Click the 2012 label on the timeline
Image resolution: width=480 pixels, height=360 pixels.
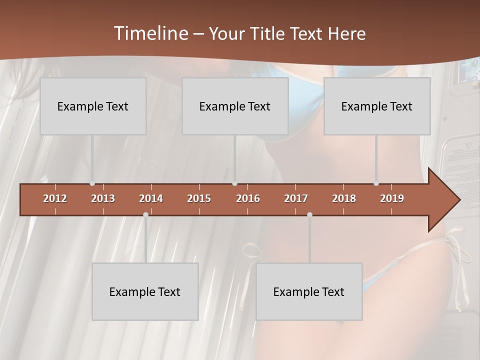coord(55,198)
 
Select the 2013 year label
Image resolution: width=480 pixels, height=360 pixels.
coord(103,198)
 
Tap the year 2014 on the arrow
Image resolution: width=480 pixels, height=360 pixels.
coord(151,198)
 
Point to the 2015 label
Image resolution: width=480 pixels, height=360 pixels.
coord(199,198)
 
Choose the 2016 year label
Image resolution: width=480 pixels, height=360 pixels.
coord(248,198)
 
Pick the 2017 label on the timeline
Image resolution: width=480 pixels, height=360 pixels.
coord(296,198)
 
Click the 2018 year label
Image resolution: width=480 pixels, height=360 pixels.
coord(344,198)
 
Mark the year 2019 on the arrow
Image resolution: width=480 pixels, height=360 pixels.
coord(392,198)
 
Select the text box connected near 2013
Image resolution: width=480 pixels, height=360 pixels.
coord(93,106)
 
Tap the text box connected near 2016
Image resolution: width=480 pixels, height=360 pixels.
coord(235,106)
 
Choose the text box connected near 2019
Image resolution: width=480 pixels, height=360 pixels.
coord(377,106)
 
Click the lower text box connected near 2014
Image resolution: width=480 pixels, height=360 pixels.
coord(145,291)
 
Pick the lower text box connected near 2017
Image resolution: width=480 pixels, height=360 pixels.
coord(309,291)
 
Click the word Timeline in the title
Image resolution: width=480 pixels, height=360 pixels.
coord(150,33)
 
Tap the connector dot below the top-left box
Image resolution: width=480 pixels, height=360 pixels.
coord(92,183)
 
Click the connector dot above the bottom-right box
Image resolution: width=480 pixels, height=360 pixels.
coord(309,214)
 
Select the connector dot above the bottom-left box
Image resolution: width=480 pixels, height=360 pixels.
coord(145,214)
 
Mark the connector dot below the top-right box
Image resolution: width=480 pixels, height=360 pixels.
coord(376,183)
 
